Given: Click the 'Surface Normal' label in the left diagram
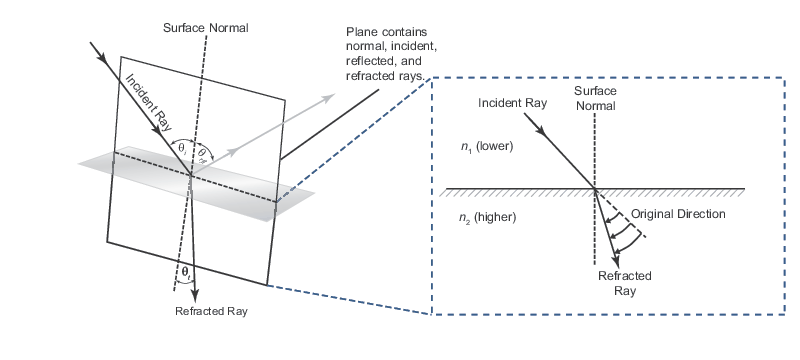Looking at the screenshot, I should click(x=205, y=27).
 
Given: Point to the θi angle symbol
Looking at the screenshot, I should click(x=181, y=148).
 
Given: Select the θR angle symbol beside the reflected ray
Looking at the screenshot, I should click(x=202, y=152).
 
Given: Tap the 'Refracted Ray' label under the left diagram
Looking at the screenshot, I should click(x=210, y=311).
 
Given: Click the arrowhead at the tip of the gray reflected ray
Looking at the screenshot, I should click(x=330, y=97).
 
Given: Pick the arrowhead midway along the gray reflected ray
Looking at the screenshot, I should click(x=233, y=152).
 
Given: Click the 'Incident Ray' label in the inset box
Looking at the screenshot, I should click(x=512, y=103).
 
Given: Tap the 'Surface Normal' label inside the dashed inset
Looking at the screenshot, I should click(x=595, y=97).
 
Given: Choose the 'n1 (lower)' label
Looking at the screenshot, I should click(x=486, y=146).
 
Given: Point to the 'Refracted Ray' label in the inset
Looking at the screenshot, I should click(x=624, y=282).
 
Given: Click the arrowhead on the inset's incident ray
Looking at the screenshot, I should click(x=542, y=130).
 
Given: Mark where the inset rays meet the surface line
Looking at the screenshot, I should click(x=595, y=188).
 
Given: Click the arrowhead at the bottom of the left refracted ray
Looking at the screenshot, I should click(x=195, y=291).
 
